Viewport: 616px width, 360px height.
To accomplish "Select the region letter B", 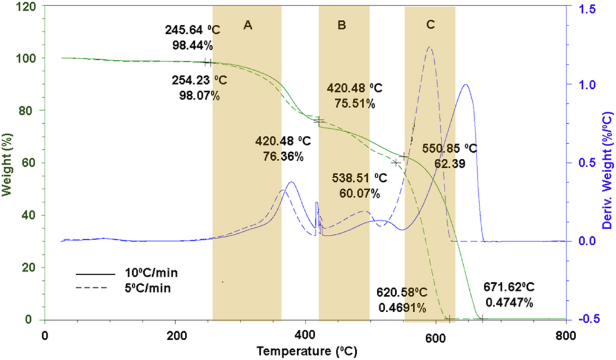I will (342, 25).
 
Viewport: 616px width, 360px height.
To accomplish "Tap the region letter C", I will (430, 25).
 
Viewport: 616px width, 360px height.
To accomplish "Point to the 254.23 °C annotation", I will (196, 81).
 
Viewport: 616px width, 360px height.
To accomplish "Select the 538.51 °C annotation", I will (359, 178).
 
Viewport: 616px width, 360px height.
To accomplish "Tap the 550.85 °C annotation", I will (451, 148).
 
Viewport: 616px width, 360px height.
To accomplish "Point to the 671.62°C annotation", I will (508, 288).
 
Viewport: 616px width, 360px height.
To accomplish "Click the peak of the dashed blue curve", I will (430, 47).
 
